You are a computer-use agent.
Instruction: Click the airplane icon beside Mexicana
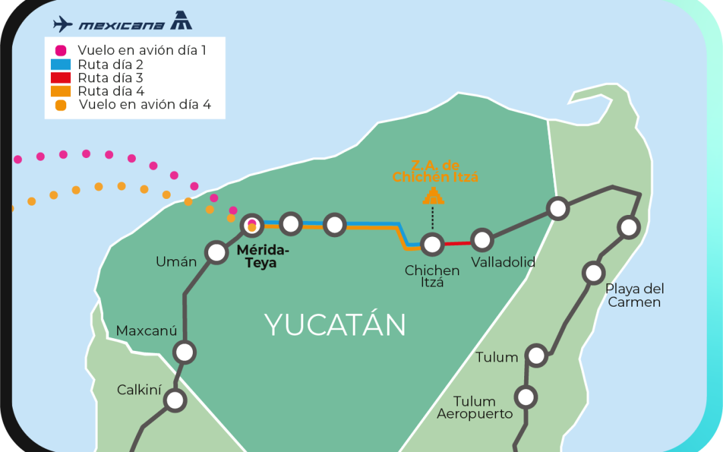[63, 24]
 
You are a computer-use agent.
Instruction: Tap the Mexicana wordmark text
[121, 25]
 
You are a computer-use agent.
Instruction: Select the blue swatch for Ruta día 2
[60, 65]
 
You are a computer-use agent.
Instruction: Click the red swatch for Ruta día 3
[60, 78]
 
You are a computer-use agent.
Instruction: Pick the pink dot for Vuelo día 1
[61, 50]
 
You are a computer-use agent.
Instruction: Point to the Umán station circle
[216, 252]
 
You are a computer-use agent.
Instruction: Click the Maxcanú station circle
[184, 352]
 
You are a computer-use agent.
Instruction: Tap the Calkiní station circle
[175, 400]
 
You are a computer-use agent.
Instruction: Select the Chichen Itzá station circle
[432, 244]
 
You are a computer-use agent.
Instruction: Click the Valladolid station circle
[482, 239]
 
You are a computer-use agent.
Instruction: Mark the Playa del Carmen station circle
[593, 273]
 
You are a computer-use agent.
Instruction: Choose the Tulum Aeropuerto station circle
[526, 397]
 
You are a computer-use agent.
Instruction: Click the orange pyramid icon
[432, 196]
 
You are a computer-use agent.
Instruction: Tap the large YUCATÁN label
[335, 325]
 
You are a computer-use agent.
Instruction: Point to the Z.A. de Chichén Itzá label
[435, 171]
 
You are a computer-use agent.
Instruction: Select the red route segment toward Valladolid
[457, 243]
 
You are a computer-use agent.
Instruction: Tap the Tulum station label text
[497, 358]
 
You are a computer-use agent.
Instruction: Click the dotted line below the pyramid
[432, 218]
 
